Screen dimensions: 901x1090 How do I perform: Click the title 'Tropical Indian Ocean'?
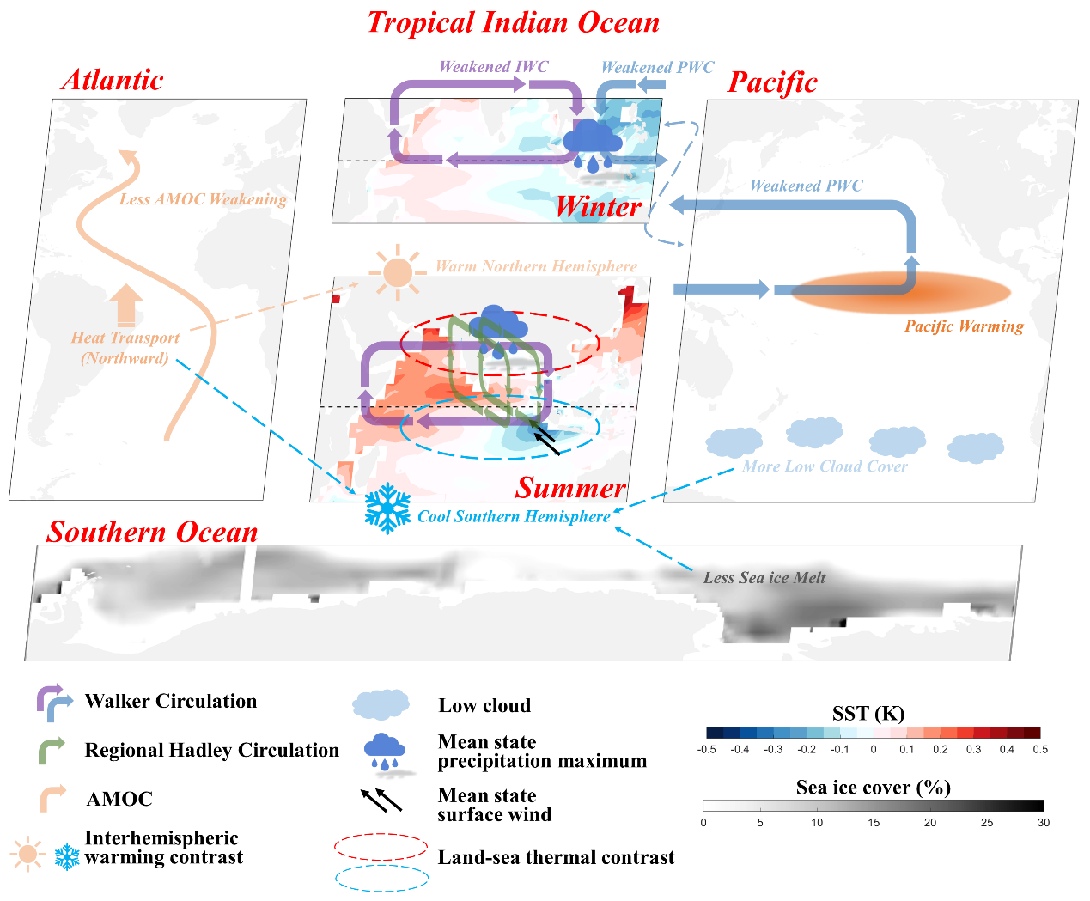point(514,23)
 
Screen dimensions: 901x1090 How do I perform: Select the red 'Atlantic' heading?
point(113,80)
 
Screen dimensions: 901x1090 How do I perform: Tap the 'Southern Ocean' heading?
point(152,532)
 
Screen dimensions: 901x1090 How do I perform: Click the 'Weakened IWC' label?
point(493,67)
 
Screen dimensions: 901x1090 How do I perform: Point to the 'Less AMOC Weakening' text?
point(203,199)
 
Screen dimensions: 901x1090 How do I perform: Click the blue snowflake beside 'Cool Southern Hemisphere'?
point(387,508)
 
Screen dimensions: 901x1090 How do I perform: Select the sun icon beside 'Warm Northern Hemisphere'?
point(398,271)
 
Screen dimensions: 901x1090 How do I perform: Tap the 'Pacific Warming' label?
point(964,326)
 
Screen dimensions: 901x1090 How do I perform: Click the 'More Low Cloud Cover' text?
point(825,466)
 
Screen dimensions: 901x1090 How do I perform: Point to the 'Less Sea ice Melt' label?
point(764,578)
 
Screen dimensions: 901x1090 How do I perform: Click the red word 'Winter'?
point(598,207)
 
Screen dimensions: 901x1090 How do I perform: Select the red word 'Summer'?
point(570,488)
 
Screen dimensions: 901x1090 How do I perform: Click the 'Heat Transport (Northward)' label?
point(125,348)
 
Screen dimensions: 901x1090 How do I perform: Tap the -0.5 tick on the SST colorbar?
point(707,749)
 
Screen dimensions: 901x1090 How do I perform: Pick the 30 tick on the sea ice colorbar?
point(1043,822)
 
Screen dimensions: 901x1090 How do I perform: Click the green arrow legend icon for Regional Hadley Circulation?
point(52,751)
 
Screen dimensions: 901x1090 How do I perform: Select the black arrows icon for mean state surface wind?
point(381,801)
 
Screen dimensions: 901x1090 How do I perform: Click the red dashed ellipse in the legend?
point(381,847)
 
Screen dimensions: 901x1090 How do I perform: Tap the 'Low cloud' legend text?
point(484,706)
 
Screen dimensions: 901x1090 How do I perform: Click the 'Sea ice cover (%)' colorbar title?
point(873,788)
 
